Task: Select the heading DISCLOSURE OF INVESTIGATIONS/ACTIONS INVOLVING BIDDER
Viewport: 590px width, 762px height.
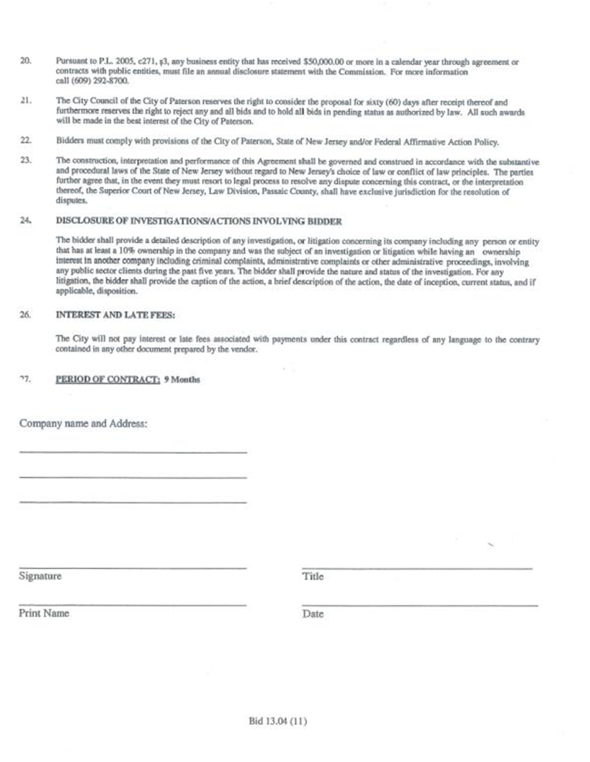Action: click(199, 221)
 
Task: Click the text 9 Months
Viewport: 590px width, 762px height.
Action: click(182, 380)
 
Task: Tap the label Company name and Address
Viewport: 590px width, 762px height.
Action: click(83, 424)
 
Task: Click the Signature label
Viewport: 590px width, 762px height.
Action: click(40, 576)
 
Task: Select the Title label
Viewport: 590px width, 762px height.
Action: click(313, 577)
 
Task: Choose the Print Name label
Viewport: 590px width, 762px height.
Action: click(44, 614)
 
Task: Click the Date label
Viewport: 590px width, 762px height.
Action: click(313, 614)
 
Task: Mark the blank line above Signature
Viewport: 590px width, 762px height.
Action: click(133, 568)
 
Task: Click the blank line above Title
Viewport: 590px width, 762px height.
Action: click(417, 569)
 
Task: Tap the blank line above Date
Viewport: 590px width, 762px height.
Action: click(420, 605)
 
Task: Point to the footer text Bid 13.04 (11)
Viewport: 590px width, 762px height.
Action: click(277, 721)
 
